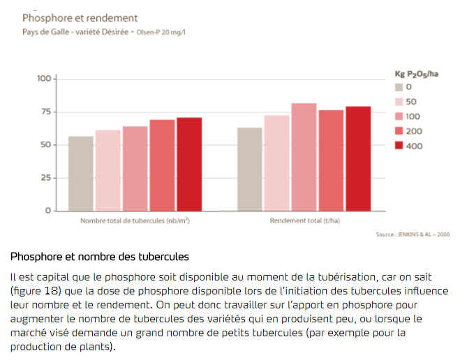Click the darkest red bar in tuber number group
pyautogui.click(x=188, y=164)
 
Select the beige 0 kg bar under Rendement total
pyautogui.click(x=250, y=169)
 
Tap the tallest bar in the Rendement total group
pyautogui.click(x=304, y=157)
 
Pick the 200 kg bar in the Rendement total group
pyautogui.click(x=331, y=160)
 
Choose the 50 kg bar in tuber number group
pyautogui.click(x=107, y=170)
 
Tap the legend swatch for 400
pyautogui.click(x=399, y=146)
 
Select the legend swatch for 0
pyautogui.click(x=399, y=87)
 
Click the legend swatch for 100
pyautogui.click(x=399, y=117)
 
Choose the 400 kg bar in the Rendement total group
pyautogui.click(x=358, y=158)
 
